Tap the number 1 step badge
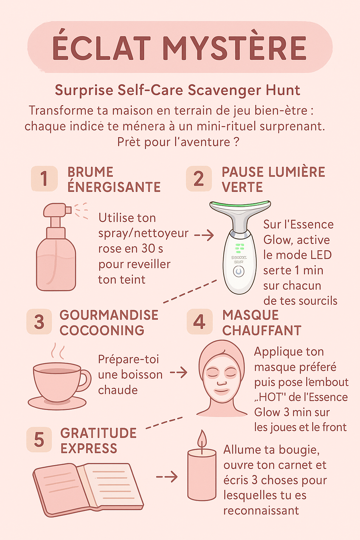(44, 178)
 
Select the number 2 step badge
(199, 178)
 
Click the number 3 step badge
(39, 321)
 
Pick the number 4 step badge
(200, 321)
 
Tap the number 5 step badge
(39, 439)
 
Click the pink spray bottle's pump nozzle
(57, 210)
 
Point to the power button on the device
(239, 271)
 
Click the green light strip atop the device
(240, 204)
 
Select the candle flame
(202, 438)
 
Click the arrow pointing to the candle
(167, 476)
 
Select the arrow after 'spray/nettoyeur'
(204, 235)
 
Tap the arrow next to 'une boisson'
(179, 372)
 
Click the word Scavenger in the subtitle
(225, 91)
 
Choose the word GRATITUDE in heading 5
(98, 433)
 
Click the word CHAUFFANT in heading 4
(262, 330)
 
